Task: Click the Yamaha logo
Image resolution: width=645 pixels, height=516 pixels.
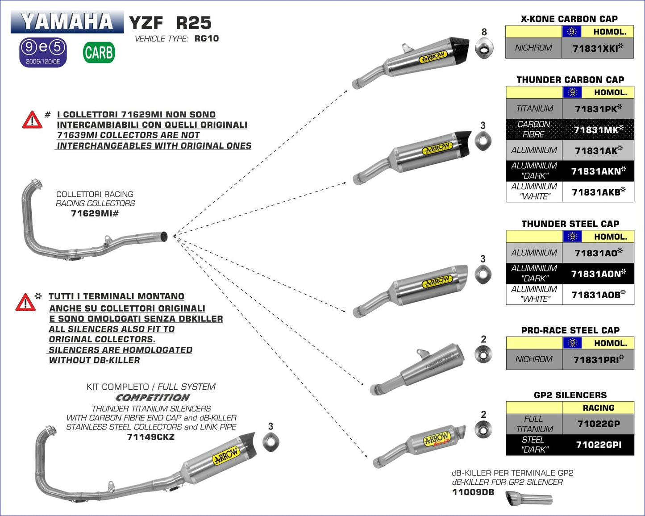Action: pos(67,21)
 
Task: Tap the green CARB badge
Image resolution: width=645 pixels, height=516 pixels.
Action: pos(99,53)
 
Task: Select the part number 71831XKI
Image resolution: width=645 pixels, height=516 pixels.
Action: pos(598,48)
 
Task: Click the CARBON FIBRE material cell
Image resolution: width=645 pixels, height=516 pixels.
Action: pos(533,129)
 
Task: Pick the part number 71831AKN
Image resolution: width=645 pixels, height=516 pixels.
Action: pos(598,171)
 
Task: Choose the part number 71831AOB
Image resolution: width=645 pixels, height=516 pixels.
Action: pos(598,295)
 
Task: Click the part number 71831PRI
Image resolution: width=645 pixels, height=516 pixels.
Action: pos(598,359)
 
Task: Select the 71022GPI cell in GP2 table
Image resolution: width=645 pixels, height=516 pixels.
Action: pos(598,445)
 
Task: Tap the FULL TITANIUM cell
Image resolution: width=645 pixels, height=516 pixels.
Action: pos(534,424)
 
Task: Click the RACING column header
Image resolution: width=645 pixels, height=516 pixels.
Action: pos(598,408)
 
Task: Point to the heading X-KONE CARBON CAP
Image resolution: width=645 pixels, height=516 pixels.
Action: pos(569,19)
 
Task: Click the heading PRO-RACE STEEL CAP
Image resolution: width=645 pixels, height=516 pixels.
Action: pos(570,330)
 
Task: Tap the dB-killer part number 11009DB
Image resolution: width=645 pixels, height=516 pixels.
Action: pos(473,492)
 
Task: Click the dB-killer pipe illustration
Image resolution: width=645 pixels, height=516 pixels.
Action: pos(528,498)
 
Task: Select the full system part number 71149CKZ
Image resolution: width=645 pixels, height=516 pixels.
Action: pos(151,437)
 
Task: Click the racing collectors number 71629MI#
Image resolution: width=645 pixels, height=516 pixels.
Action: pos(95,213)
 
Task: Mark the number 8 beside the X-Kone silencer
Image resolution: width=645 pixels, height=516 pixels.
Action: pos(484,32)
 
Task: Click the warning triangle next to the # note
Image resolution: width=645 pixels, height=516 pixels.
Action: pos(32,120)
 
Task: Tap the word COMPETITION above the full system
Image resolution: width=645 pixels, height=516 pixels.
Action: pos(153,397)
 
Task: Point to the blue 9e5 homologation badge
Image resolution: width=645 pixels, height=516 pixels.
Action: pos(43,52)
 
